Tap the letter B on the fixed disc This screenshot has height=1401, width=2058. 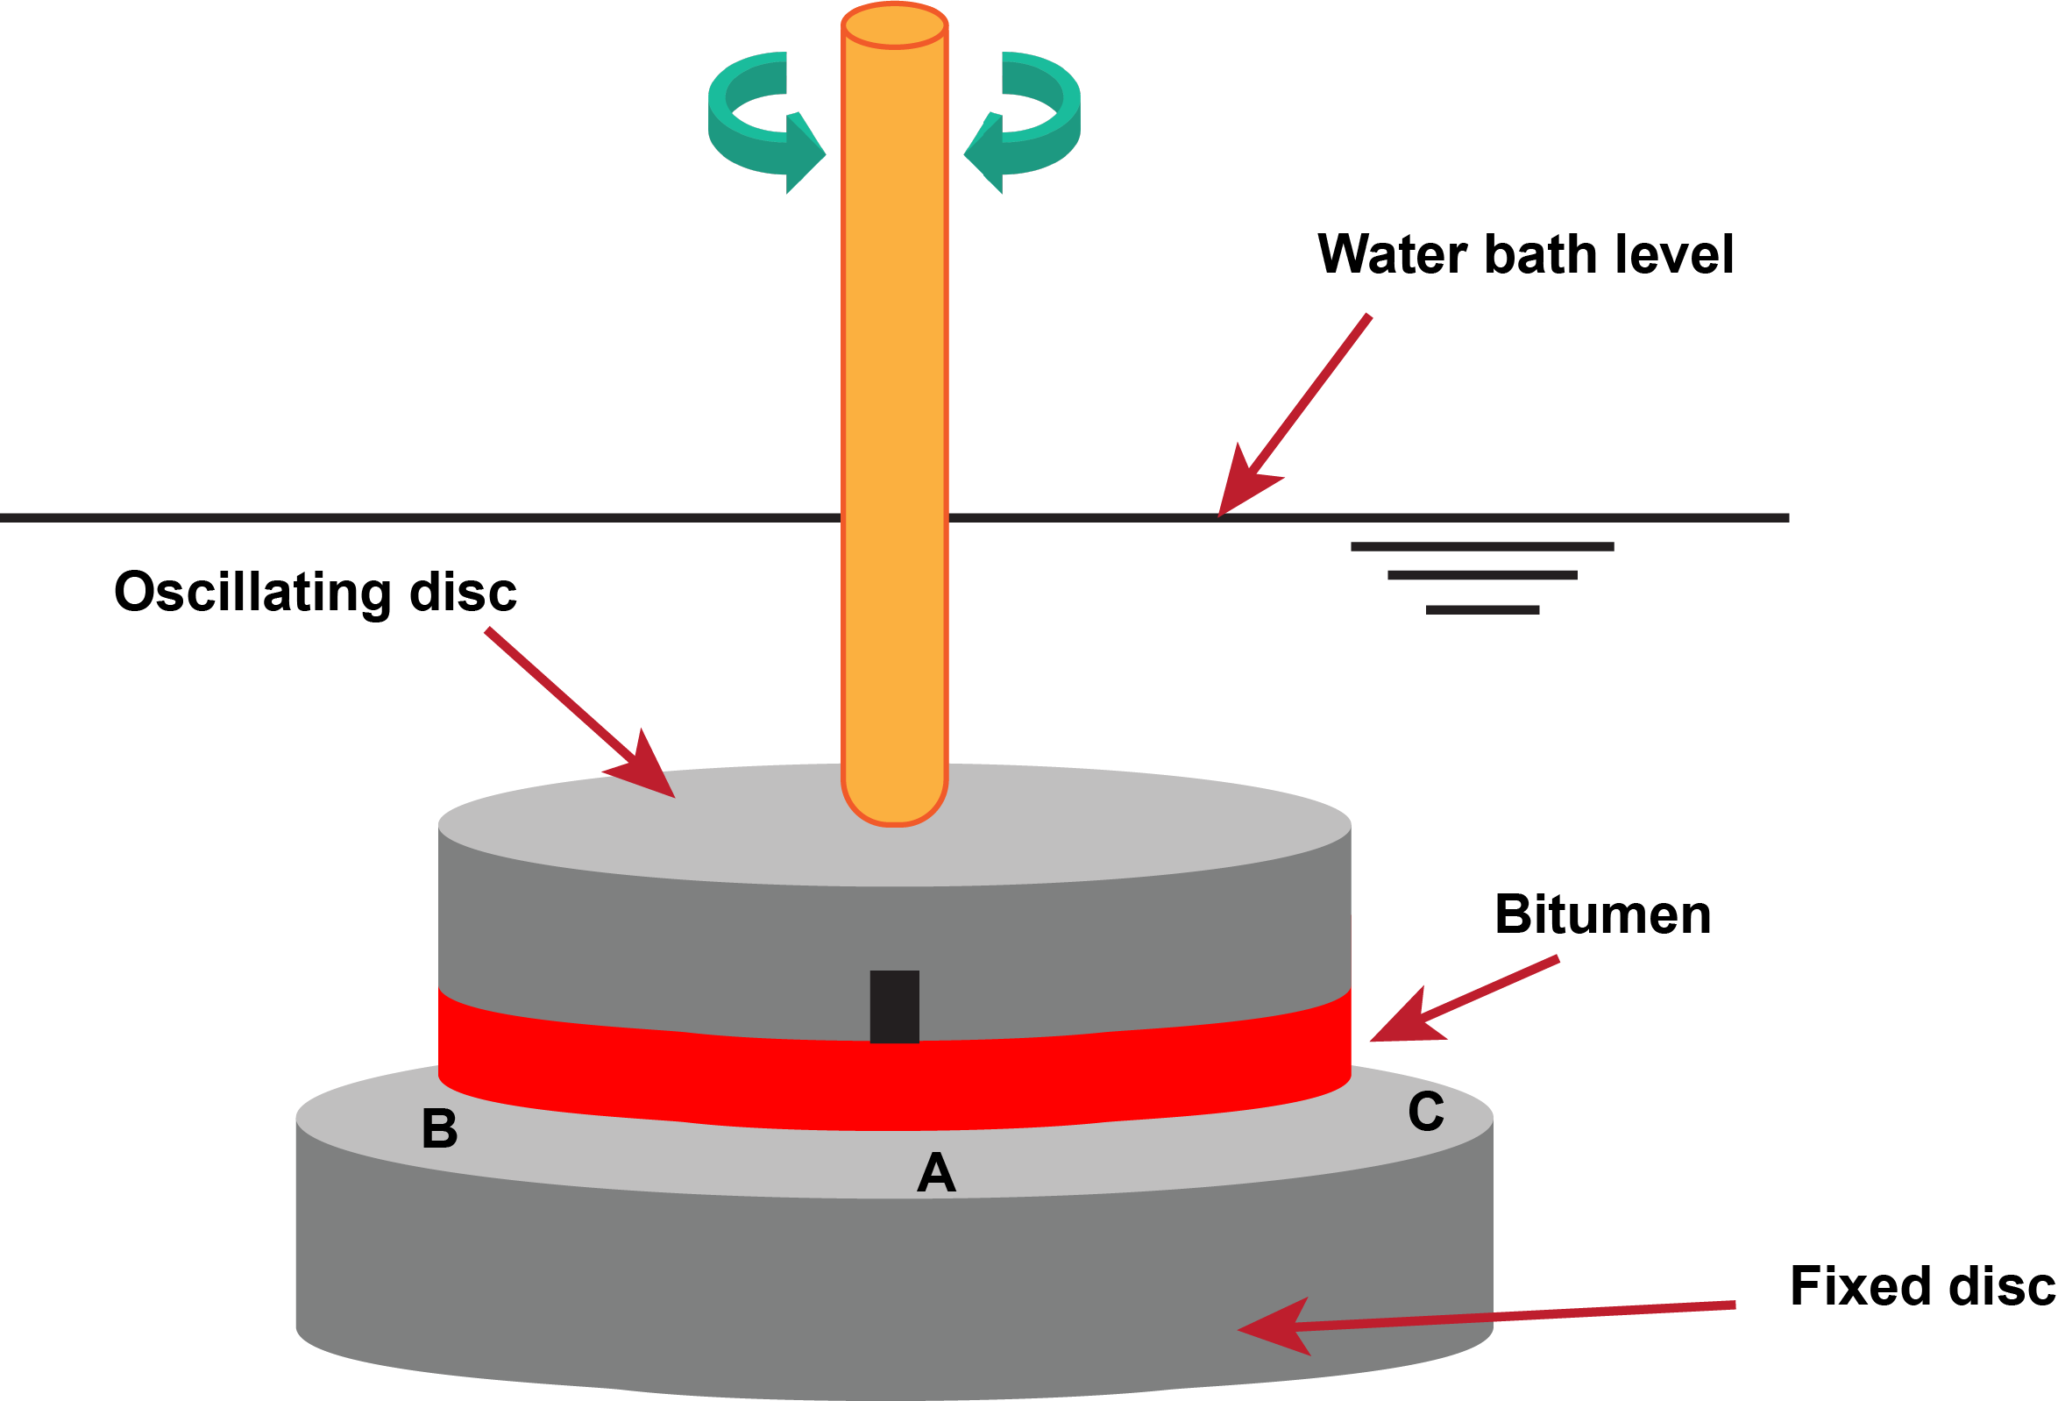coord(439,1128)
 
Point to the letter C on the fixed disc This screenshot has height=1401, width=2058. coord(1426,1112)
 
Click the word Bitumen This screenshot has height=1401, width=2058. coord(1603,914)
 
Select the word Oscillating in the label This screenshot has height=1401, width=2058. coord(252,593)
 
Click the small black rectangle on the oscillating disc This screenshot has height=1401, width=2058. coord(894,1006)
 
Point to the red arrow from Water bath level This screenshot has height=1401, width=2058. coord(1295,415)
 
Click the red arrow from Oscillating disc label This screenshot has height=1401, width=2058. coord(580,713)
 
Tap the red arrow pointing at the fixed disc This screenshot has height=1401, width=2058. coord(1486,1318)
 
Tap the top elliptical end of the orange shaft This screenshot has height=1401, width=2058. coord(894,25)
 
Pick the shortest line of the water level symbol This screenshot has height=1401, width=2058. coord(1482,609)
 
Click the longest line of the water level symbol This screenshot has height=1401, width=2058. coord(1482,546)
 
